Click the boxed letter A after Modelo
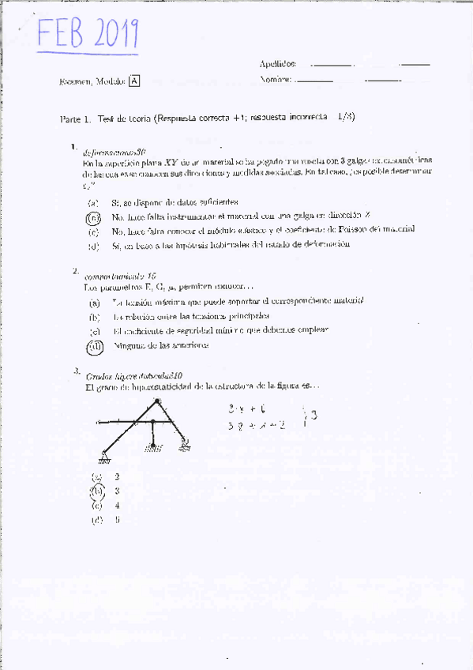point(134,81)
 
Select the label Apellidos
point(277,63)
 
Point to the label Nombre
point(276,79)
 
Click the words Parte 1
point(75,118)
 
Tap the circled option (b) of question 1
point(93,216)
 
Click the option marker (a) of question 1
point(93,202)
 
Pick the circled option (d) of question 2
point(94,345)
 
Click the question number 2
point(76,271)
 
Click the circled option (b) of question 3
point(97,491)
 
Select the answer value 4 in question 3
point(117,505)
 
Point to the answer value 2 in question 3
point(117,476)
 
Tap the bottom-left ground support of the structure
point(104,456)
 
